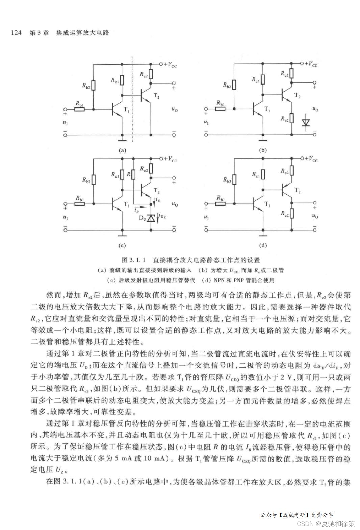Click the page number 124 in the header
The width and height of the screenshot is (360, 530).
(x=16, y=33)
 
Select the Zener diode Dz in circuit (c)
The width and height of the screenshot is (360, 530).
(x=151, y=218)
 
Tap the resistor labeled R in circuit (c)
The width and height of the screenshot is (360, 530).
(x=133, y=175)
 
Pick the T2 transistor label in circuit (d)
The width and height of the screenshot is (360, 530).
(x=297, y=191)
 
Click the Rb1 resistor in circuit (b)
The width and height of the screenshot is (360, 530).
(x=221, y=109)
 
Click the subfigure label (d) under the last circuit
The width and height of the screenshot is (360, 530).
(x=263, y=246)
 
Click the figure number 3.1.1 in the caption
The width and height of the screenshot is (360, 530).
(x=137, y=260)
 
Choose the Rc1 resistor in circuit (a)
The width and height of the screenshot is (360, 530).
(x=122, y=80)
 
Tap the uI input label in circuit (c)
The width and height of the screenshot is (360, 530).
(x=65, y=217)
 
